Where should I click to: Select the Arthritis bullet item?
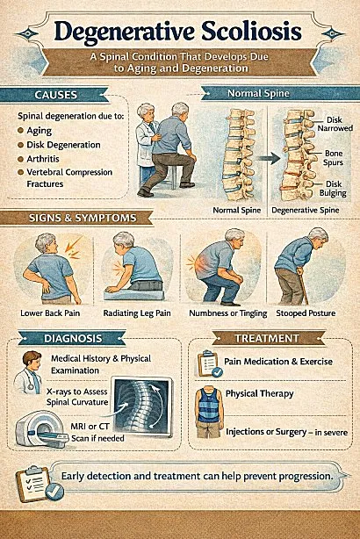coord(56,159)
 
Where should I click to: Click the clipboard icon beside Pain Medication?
coord(208,363)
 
